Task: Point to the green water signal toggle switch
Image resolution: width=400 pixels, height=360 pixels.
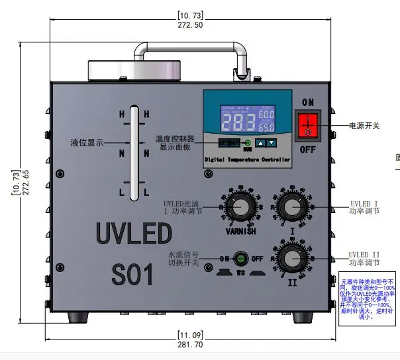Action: click(x=243, y=259)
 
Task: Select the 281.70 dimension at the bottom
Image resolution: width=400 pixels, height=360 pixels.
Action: click(x=190, y=345)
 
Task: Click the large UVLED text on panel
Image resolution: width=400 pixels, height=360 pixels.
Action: click(x=134, y=233)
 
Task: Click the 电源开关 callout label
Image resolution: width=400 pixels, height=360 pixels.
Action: click(x=364, y=126)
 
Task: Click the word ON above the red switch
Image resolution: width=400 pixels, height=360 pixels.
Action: click(x=308, y=103)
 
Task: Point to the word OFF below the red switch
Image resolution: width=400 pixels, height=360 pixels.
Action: click(x=307, y=150)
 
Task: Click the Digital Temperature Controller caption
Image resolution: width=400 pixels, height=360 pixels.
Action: click(x=247, y=159)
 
